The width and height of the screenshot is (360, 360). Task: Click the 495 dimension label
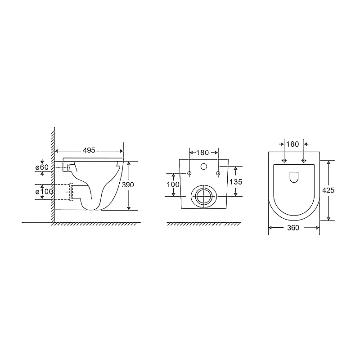point(89,150)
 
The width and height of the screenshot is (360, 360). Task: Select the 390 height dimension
point(128,184)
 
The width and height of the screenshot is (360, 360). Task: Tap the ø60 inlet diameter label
point(42,167)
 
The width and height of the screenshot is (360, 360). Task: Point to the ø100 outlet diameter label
point(44,192)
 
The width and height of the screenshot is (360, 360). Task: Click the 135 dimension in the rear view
point(236,182)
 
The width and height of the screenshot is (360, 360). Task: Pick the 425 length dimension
point(328,190)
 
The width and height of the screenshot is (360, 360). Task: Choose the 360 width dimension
point(293,228)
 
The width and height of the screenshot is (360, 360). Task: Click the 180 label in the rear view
point(202,153)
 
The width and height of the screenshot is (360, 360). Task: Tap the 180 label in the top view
point(292,144)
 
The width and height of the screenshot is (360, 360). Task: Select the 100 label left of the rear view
point(173,184)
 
